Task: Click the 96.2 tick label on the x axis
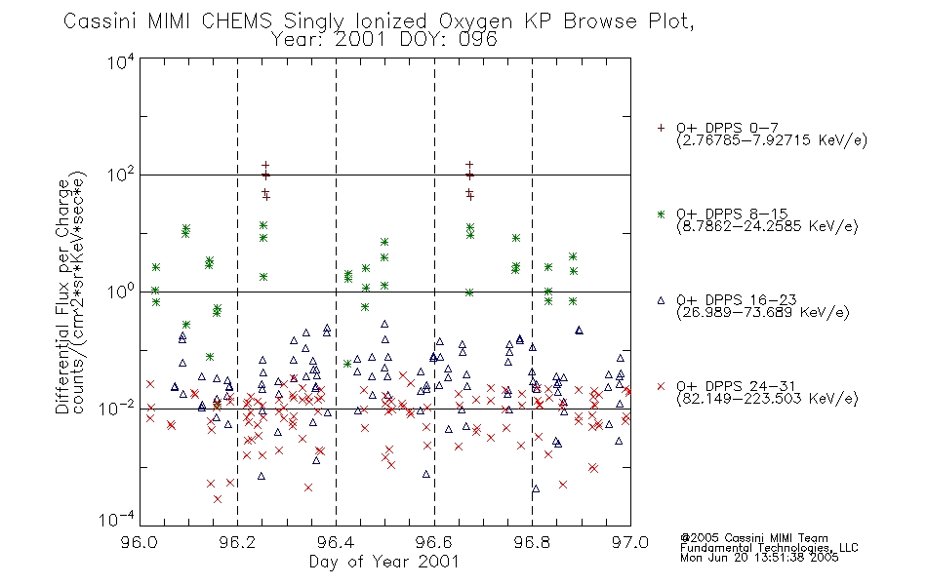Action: point(238,542)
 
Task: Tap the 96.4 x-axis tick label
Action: point(336,542)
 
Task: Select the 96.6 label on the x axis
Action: point(434,542)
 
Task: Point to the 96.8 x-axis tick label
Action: point(532,542)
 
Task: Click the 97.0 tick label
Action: point(630,542)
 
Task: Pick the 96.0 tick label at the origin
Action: point(140,542)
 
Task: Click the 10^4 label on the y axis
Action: point(121,61)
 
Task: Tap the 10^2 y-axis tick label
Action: point(121,175)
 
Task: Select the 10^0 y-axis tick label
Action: point(121,292)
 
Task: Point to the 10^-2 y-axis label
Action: point(117,408)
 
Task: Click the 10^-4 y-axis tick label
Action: point(117,520)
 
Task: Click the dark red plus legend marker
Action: point(661,128)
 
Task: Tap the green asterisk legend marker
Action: point(661,214)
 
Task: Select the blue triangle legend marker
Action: point(661,300)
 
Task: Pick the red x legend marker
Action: point(661,386)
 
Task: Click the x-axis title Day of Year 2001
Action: point(384,562)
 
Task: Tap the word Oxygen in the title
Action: point(476,21)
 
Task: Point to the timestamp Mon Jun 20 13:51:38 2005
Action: point(759,558)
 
